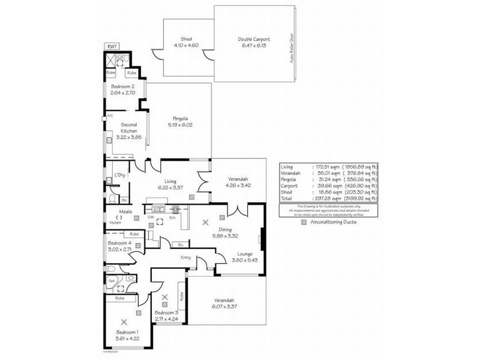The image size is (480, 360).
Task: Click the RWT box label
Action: [111, 46]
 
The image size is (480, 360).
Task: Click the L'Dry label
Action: [119, 175]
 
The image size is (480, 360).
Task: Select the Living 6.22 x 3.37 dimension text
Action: [170, 187]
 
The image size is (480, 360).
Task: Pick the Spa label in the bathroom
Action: [111, 280]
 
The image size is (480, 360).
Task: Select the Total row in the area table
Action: [329, 198]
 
